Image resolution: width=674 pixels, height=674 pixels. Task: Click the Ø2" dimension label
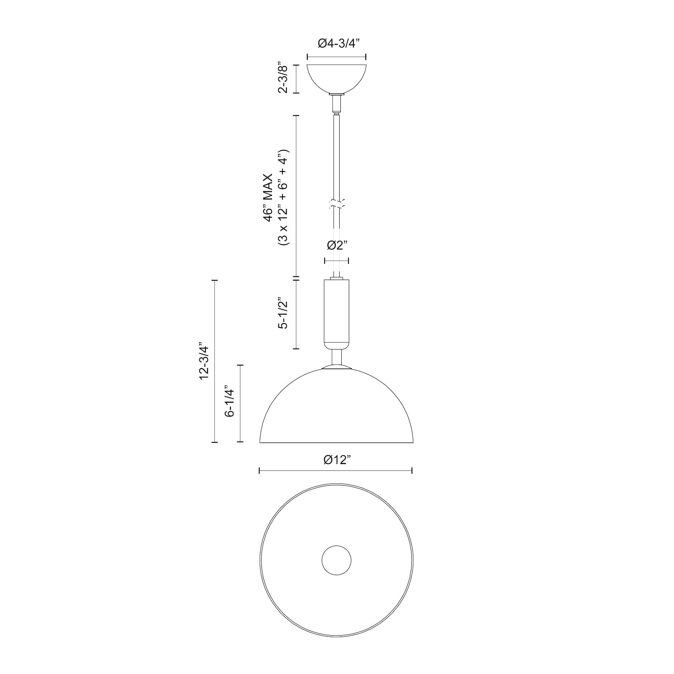(x=337, y=246)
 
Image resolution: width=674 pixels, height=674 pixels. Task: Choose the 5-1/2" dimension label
(x=283, y=313)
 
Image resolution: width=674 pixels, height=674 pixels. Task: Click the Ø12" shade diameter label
(x=336, y=460)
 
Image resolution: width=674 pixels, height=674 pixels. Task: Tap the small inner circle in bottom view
(x=336, y=561)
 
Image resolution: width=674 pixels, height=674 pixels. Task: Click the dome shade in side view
(x=336, y=408)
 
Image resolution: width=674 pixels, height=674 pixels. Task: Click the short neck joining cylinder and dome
(x=336, y=358)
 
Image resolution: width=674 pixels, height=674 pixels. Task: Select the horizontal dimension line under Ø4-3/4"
(x=336, y=57)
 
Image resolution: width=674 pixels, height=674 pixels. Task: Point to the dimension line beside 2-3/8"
(x=296, y=79)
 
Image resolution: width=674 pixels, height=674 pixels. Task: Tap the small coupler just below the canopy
(x=336, y=103)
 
